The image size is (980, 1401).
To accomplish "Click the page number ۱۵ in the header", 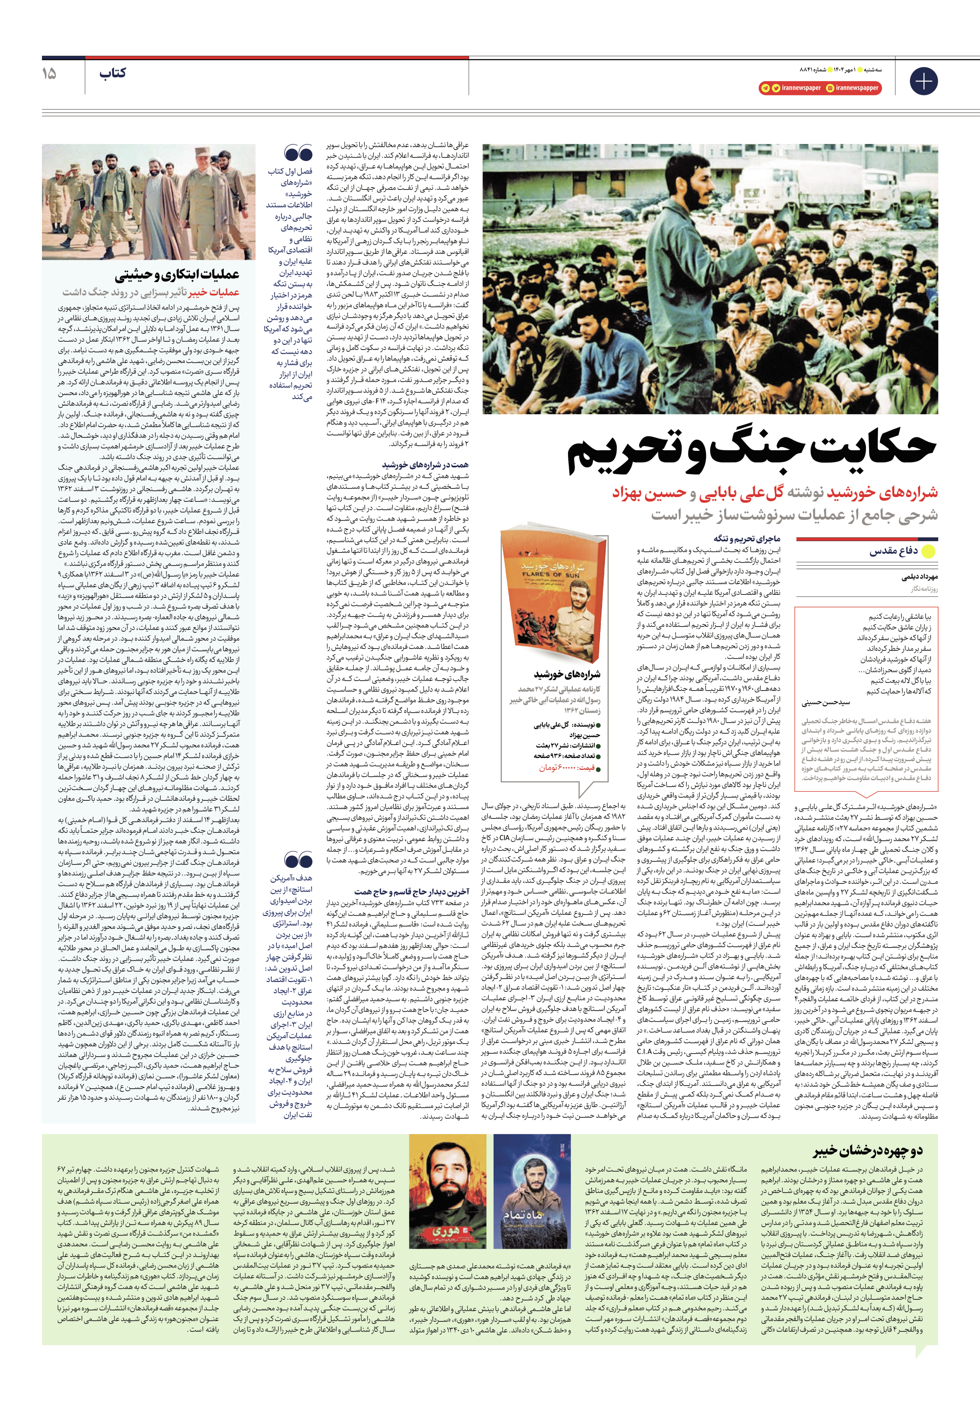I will pos(49,74).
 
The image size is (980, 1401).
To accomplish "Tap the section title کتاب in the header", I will pos(113,73).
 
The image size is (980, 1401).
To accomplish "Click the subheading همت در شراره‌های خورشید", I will pos(425,465).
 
